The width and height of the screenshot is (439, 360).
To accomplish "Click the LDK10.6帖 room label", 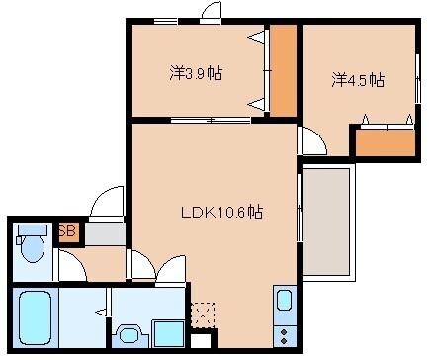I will (x=220, y=211).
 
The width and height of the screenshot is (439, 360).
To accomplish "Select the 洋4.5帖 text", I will (x=357, y=80).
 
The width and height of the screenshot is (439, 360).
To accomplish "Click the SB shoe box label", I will (x=67, y=233).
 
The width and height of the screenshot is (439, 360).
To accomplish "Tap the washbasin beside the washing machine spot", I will (x=130, y=335).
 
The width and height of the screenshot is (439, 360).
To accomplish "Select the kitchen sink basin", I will (x=284, y=301).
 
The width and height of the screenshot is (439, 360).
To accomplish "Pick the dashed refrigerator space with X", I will (x=204, y=315).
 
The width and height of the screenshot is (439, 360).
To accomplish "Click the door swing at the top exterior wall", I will (x=210, y=12).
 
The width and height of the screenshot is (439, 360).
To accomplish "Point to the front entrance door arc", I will (x=105, y=205).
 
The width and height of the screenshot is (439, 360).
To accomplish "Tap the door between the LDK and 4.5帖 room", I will (x=308, y=139).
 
